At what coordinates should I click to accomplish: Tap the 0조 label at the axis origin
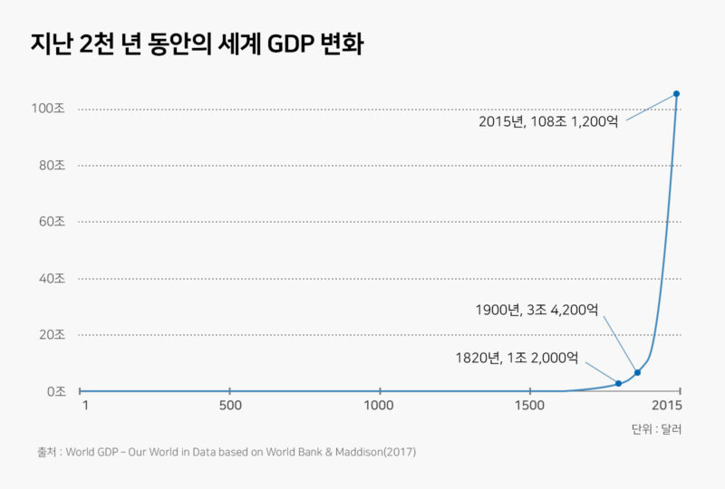[x=54, y=391]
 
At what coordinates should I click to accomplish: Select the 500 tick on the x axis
[x=230, y=405]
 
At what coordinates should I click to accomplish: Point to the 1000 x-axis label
[x=379, y=405]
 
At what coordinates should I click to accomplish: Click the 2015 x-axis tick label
[x=666, y=405]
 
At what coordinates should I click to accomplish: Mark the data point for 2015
[x=676, y=94]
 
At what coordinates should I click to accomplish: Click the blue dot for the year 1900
[x=637, y=372]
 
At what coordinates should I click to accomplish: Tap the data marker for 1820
[x=618, y=384]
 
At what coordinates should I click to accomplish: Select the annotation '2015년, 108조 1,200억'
[x=548, y=120]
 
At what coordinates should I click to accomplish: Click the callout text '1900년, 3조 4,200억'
[x=536, y=310]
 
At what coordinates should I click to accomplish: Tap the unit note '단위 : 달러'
[x=656, y=428]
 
